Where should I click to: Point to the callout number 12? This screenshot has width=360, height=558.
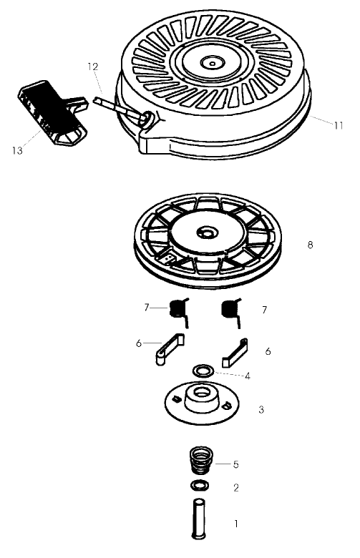(92, 66)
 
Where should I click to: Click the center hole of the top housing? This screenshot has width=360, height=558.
(211, 63)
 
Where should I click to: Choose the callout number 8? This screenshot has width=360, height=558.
(310, 245)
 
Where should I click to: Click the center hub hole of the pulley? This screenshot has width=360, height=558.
(207, 233)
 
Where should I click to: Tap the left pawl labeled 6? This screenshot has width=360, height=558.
(169, 349)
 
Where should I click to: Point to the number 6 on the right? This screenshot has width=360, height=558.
(268, 352)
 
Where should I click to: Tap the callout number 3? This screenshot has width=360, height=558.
(261, 410)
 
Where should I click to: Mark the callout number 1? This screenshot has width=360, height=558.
(236, 524)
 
